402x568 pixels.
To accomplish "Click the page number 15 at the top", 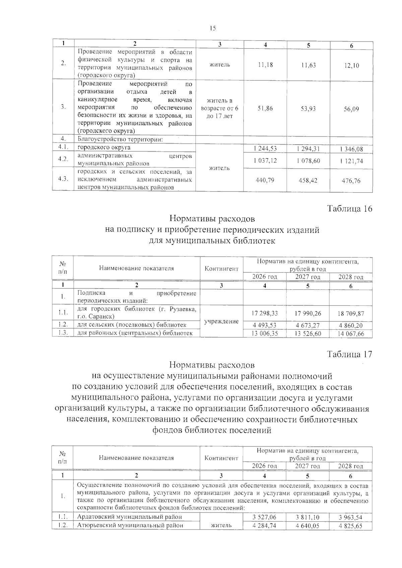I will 213,28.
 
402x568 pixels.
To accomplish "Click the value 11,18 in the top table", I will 265,65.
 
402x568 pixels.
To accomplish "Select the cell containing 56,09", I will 351,109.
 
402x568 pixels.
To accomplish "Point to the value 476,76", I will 351,181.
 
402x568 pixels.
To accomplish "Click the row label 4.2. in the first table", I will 63,159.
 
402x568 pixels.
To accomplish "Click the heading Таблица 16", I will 349,209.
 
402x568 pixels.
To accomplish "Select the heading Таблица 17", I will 349,354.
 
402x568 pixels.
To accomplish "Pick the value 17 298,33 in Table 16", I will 265,314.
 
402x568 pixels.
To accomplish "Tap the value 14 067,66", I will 351,334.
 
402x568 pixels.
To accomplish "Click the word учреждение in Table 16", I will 221,321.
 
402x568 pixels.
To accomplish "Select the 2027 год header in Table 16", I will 308,277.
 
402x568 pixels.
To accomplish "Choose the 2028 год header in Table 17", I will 350,466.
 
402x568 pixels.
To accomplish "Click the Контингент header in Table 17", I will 221,458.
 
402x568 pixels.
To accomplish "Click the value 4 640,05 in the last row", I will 308,526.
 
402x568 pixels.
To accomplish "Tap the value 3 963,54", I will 350,517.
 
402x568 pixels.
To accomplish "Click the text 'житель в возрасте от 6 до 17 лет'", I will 220,108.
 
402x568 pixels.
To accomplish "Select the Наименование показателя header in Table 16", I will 136,268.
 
